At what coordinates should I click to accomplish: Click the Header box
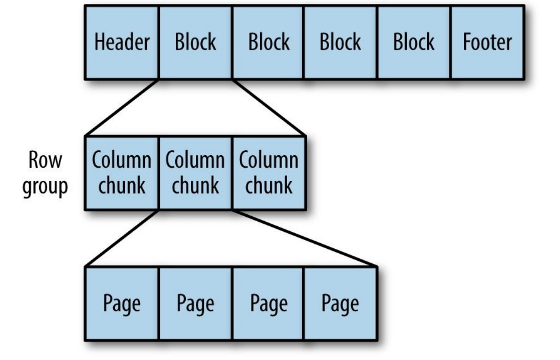tap(122, 42)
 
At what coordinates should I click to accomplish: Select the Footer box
tap(487, 42)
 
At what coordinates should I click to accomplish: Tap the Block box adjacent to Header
tap(195, 42)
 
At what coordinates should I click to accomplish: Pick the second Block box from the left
tap(268, 42)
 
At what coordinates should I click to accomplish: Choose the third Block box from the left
tap(341, 42)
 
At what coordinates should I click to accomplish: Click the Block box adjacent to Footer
tap(414, 42)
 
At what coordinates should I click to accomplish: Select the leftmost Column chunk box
tap(122, 173)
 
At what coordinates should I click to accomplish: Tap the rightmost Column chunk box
tap(268, 173)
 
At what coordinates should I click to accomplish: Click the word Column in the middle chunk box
tap(195, 161)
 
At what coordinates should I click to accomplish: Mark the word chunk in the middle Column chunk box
tap(195, 185)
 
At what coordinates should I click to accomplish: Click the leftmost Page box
tap(122, 303)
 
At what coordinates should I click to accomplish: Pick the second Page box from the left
tap(195, 303)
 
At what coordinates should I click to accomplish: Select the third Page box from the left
tap(268, 303)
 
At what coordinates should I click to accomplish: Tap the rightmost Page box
tap(341, 303)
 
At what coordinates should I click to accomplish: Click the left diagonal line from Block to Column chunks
tap(122, 107)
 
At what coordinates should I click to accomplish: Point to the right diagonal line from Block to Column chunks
tap(268, 107)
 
